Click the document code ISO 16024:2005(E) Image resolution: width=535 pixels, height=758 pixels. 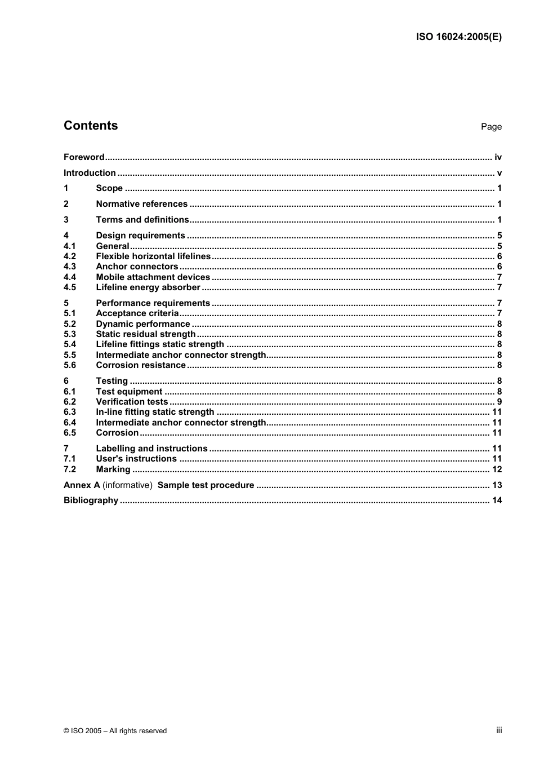point(458,37)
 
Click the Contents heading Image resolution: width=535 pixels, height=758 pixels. point(91,126)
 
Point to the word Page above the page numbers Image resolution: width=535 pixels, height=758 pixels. point(491,127)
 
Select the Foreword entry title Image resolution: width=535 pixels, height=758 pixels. point(84,157)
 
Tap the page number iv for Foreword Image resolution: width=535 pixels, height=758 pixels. point(498,157)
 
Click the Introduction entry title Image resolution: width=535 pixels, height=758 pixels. point(90,173)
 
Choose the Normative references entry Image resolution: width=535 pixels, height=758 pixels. point(141,204)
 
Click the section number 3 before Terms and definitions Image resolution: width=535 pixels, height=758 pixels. point(66,220)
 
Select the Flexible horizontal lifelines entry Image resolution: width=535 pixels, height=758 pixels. point(153,256)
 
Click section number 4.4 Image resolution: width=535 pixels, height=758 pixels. point(70,277)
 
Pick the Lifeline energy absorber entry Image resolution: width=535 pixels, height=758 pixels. point(148,287)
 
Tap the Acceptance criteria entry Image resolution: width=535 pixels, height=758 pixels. point(137,313)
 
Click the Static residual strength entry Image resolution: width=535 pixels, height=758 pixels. point(146,334)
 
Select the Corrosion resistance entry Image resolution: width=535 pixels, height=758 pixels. point(141,365)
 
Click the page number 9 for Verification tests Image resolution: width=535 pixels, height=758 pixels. point(499,402)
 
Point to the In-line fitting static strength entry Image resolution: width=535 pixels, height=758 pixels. point(155,412)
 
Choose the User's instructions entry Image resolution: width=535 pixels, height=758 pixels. point(136,459)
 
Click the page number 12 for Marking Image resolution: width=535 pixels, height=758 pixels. point(497,469)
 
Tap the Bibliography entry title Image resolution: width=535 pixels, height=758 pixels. point(91,500)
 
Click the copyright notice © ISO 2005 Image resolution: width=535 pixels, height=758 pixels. point(115,731)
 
